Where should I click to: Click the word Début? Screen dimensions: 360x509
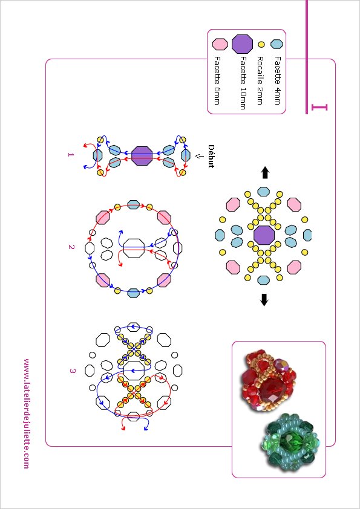pyautogui.click(x=211, y=156)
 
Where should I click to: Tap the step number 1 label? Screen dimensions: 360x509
pyautogui.click(x=71, y=155)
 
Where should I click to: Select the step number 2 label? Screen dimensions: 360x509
pyautogui.click(x=71, y=247)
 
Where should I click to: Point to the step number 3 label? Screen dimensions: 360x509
pyautogui.click(x=72, y=371)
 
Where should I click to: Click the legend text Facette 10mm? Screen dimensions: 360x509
pyautogui.click(x=243, y=83)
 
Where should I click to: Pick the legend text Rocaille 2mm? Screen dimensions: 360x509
pyautogui.click(x=260, y=80)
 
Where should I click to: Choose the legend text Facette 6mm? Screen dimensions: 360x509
pyautogui.click(x=217, y=80)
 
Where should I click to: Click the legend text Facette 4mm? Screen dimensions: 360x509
pyautogui.click(x=277, y=80)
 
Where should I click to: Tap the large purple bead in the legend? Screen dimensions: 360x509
pyautogui.click(x=243, y=44)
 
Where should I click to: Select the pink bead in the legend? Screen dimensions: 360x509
pyautogui.click(x=220, y=44)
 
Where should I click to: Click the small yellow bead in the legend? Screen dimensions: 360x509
pyautogui.click(x=261, y=44)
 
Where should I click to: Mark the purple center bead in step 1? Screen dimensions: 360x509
pyautogui.click(x=142, y=156)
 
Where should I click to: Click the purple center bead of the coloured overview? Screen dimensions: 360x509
pyautogui.click(x=264, y=235)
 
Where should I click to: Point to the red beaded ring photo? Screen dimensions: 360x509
pyautogui.click(x=269, y=380)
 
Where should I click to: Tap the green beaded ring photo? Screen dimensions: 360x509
pyautogui.click(x=291, y=440)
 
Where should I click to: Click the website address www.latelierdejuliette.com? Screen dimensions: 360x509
pyautogui.click(x=27, y=413)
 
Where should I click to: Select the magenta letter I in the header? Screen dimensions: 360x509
pyautogui.click(x=319, y=107)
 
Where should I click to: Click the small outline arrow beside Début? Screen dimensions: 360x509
pyautogui.click(x=197, y=156)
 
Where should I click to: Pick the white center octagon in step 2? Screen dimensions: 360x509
pyautogui.click(x=134, y=248)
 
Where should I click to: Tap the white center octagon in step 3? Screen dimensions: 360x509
pyautogui.click(x=134, y=370)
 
